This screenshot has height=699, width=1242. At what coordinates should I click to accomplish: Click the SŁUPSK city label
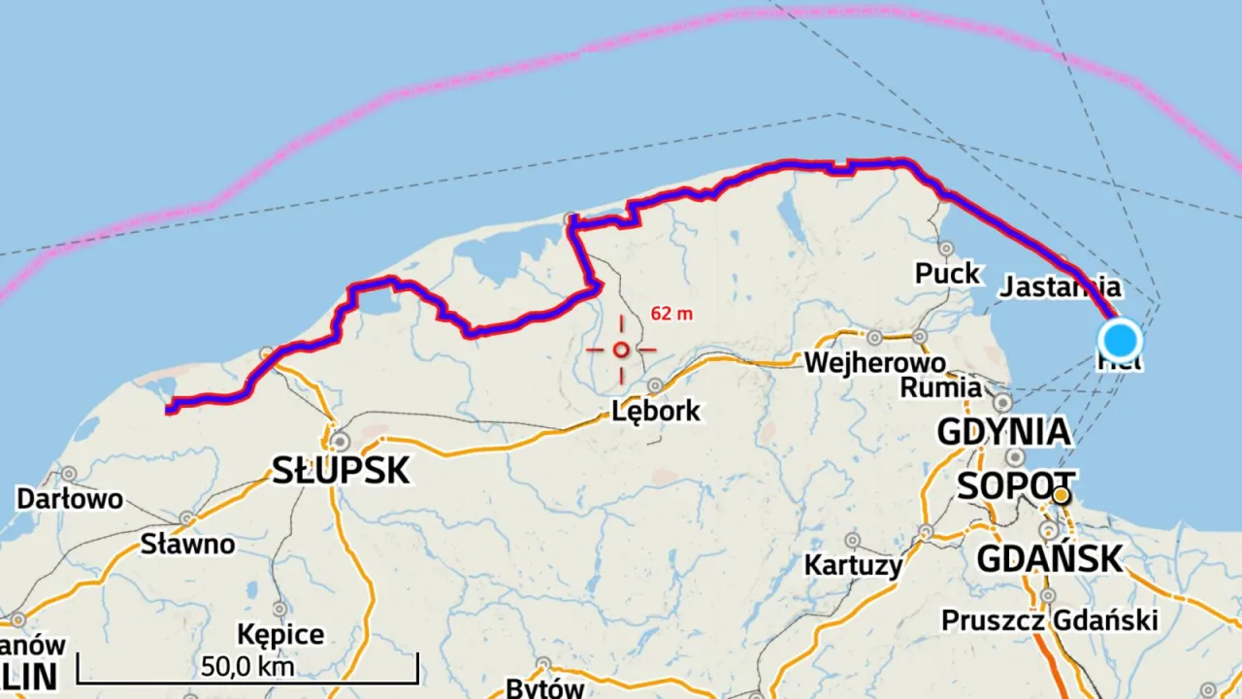pos(341,471)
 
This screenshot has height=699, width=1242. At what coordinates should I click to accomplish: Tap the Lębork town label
pos(655,411)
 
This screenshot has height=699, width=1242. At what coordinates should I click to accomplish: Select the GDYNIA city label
pos(1003,431)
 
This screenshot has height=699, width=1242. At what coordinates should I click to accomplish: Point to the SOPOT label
pos(1016,485)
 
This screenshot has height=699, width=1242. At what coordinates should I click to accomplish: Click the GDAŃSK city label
pos(1049,559)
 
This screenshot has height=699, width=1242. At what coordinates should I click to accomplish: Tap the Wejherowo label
pos(874,363)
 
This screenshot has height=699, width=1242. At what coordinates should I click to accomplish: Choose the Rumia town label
pos(940,387)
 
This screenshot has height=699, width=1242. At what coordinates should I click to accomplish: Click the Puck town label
pos(947,274)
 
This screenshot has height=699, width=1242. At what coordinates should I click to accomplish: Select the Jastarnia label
pos(1060,287)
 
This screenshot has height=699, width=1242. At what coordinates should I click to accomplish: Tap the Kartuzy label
pos(853,564)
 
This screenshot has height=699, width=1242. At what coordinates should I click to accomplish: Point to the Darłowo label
pos(70,499)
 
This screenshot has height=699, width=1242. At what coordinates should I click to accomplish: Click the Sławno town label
pos(187,544)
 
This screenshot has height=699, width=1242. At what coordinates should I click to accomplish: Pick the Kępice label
pos(280,635)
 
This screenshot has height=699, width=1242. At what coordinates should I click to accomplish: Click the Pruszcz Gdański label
pos(1050,620)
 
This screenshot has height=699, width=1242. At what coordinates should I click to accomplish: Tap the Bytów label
pos(545,688)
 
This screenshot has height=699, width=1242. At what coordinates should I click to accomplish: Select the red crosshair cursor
pos(621,349)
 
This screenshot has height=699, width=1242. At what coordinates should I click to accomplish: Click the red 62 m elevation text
pos(671,314)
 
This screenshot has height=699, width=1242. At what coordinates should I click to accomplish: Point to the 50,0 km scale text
pos(247,668)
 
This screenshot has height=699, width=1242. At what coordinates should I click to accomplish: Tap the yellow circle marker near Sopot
pos(1062,496)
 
